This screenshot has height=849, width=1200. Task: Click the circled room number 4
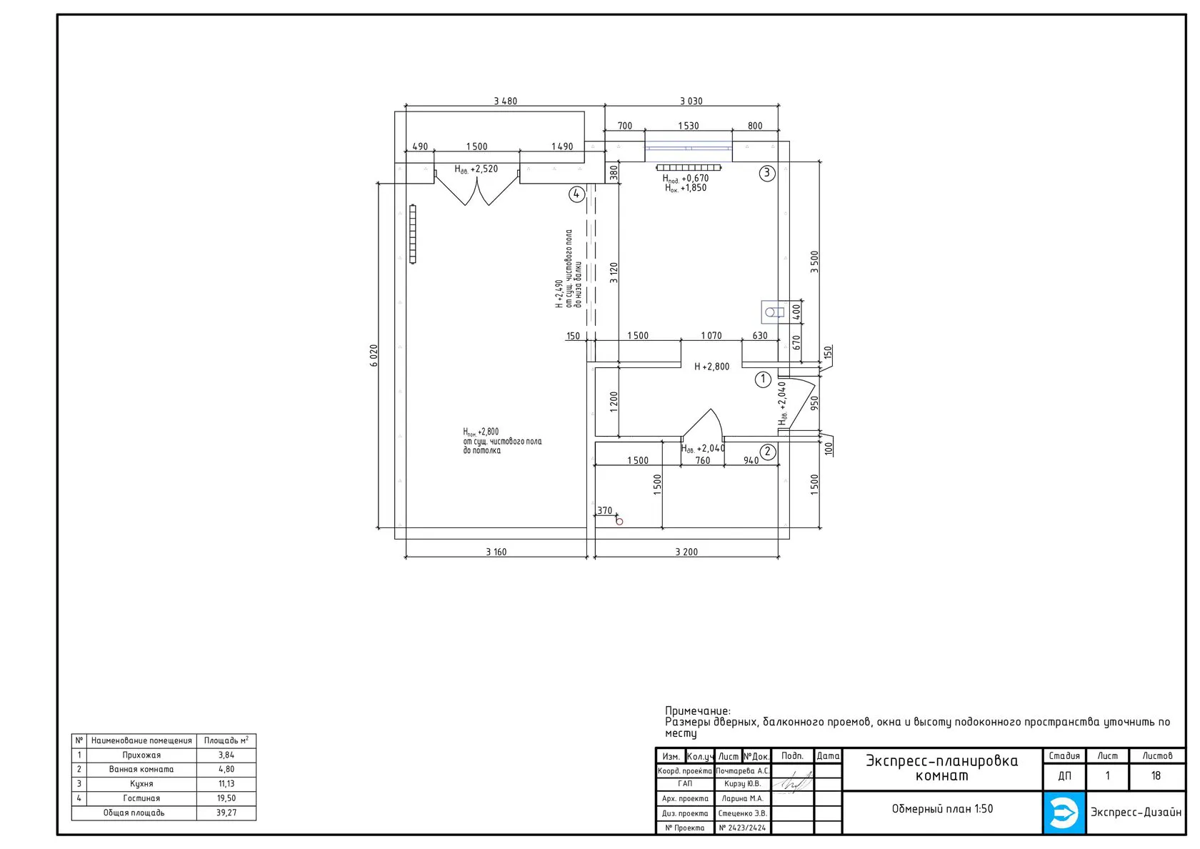pos(576,194)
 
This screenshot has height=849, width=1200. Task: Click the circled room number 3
pos(767,173)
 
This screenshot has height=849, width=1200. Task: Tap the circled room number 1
pos(763,379)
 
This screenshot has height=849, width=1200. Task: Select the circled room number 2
pos(768,452)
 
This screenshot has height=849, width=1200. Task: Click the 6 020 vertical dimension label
pos(374,355)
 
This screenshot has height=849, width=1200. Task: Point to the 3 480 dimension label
pos(505,101)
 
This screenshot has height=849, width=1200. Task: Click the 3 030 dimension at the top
pos(691,101)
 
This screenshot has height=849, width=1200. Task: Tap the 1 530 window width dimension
pos(689,126)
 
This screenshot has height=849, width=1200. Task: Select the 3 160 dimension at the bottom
pos(496,552)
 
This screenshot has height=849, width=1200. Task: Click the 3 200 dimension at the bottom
pos(686,552)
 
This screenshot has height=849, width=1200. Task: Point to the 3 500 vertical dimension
pos(814,262)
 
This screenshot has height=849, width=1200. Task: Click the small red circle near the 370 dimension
pos(619,522)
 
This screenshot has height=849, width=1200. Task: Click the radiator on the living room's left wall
pos(413,234)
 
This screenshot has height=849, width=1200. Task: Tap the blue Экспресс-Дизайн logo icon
pos(1064,813)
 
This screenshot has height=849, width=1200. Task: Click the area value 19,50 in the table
pos(226,798)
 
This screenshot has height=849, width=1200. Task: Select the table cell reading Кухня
pos(141,783)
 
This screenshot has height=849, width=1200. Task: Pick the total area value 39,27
pos(226,813)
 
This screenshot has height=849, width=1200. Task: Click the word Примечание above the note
pos(697,711)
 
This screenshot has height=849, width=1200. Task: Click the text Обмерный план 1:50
pos(942,809)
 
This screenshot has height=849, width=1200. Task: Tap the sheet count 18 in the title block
pos(1156,775)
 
